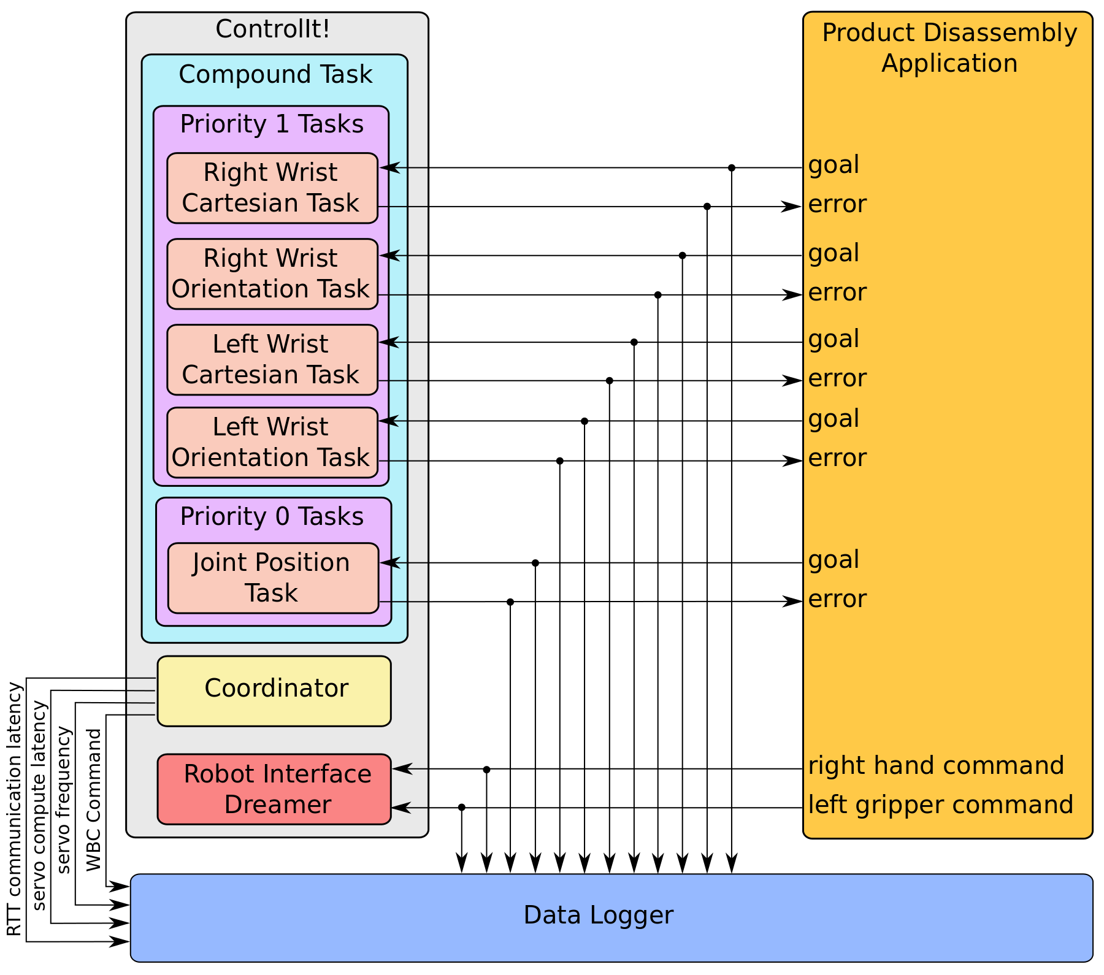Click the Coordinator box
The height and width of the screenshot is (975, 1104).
(x=274, y=691)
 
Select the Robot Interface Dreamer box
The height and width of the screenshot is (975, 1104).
(x=274, y=789)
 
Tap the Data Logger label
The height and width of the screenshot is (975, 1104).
(x=598, y=915)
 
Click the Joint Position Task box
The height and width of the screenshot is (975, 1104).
(x=273, y=578)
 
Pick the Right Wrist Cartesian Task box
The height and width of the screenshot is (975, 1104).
(x=272, y=188)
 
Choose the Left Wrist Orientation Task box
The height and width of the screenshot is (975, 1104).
(x=272, y=442)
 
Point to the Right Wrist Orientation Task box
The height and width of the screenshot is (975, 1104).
(x=272, y=273)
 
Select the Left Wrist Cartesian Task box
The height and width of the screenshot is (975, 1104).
(x=272, y=359)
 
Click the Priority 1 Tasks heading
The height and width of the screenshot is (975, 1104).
(x=272, y=124)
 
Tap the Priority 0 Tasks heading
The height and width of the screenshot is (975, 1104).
(x=272, y=516)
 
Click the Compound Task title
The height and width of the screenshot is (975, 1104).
(x=275, y=74)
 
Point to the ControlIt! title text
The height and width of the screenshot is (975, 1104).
(x=273, y=29)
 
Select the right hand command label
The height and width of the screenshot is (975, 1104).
(x=935, y=765)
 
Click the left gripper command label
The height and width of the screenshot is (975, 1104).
(x=940, y=805)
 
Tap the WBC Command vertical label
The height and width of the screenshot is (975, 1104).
(x=93, y=800)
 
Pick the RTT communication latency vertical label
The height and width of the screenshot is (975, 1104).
(x=14, y=809)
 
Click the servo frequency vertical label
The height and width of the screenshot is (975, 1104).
(x=64, y=800)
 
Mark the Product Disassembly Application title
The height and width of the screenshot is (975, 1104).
(x=949, y=48)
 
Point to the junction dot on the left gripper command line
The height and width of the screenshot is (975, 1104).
(x=462, y=808)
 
